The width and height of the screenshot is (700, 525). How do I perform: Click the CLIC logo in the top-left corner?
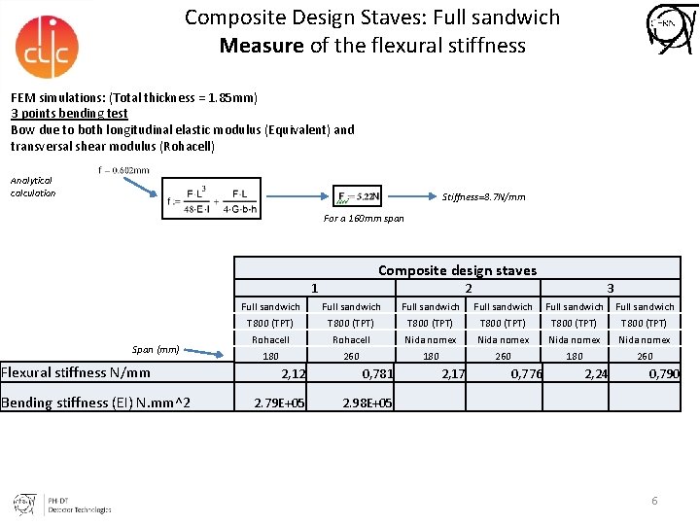point(47,46)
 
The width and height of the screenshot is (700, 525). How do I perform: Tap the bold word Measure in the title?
point(262,46)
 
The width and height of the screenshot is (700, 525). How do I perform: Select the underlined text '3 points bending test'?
point(69,114)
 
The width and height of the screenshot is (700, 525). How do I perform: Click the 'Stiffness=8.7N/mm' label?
point(483,197)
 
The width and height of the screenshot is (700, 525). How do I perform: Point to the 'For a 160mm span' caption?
point(364,219)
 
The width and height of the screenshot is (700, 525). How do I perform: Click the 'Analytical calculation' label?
point(33,187)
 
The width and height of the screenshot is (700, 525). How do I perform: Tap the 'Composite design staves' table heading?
point(457,270)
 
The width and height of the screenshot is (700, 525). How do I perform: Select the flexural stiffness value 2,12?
point(293,374)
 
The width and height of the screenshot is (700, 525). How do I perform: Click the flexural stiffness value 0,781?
point(377,374)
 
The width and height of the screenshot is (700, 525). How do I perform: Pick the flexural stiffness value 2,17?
point(453,374)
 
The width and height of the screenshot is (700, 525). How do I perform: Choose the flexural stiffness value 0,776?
point(526,374)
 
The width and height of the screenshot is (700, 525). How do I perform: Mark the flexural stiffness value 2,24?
point(597,374)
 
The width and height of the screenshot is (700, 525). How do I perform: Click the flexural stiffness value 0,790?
point(664,374)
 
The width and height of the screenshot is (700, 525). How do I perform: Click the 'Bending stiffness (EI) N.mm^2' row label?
point(95,402)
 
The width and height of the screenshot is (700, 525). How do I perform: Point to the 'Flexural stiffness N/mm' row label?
point(76,372)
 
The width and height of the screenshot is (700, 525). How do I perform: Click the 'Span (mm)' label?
point(156,349)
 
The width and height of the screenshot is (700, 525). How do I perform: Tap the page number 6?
point(654,501)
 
